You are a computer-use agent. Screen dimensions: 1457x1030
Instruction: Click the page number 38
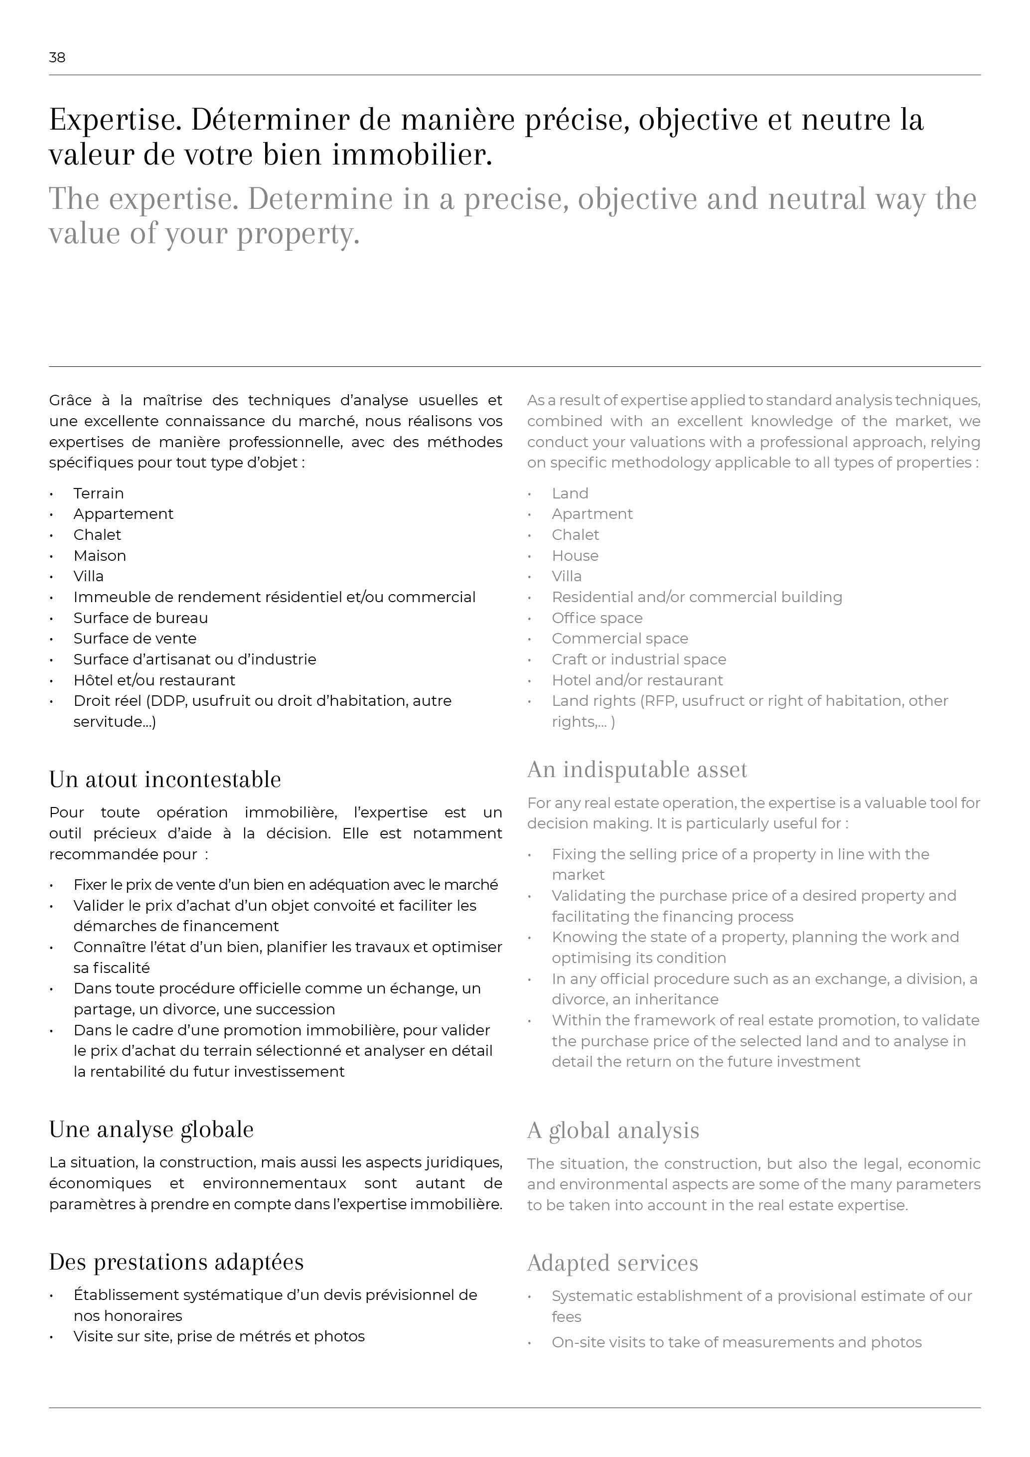pyautogui.click(x=57, y=58)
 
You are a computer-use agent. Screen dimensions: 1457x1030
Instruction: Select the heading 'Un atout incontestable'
pyautogui.click(x=165, y=779)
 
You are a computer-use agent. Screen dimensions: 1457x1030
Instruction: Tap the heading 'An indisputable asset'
pyautogui.click(x=637, y=769)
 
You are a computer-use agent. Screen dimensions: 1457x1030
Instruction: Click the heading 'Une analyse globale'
pyautogui.click(x=151, y=1130)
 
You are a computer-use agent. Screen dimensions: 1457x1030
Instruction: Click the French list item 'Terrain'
pyautogui.click(x=98, y=493)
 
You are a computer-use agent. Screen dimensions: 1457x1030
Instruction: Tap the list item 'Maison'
pyautogui.click(x=100, y=556)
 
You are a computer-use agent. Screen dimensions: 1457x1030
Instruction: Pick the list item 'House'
pyautogui.click(x=575, y=556)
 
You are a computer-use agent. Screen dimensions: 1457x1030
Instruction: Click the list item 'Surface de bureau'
pyautogui.click(x=140, y=618)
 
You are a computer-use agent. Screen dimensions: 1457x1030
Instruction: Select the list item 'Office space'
pyautogui.click(x=597, y=618)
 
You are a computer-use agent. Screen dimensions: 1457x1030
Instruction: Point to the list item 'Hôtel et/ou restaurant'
pyautogui.click(x=154, y=680)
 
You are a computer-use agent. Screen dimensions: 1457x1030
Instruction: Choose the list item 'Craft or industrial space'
pyautogui.click(x=639, y=659)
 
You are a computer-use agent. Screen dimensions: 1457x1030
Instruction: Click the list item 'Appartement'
pyautogui.click(x=123, y=514)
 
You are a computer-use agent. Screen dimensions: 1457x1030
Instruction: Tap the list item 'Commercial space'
pyautogui.click(x=620, y=639)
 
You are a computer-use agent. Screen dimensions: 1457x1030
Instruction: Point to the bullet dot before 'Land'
pyautogui.click(x=530, y=494)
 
